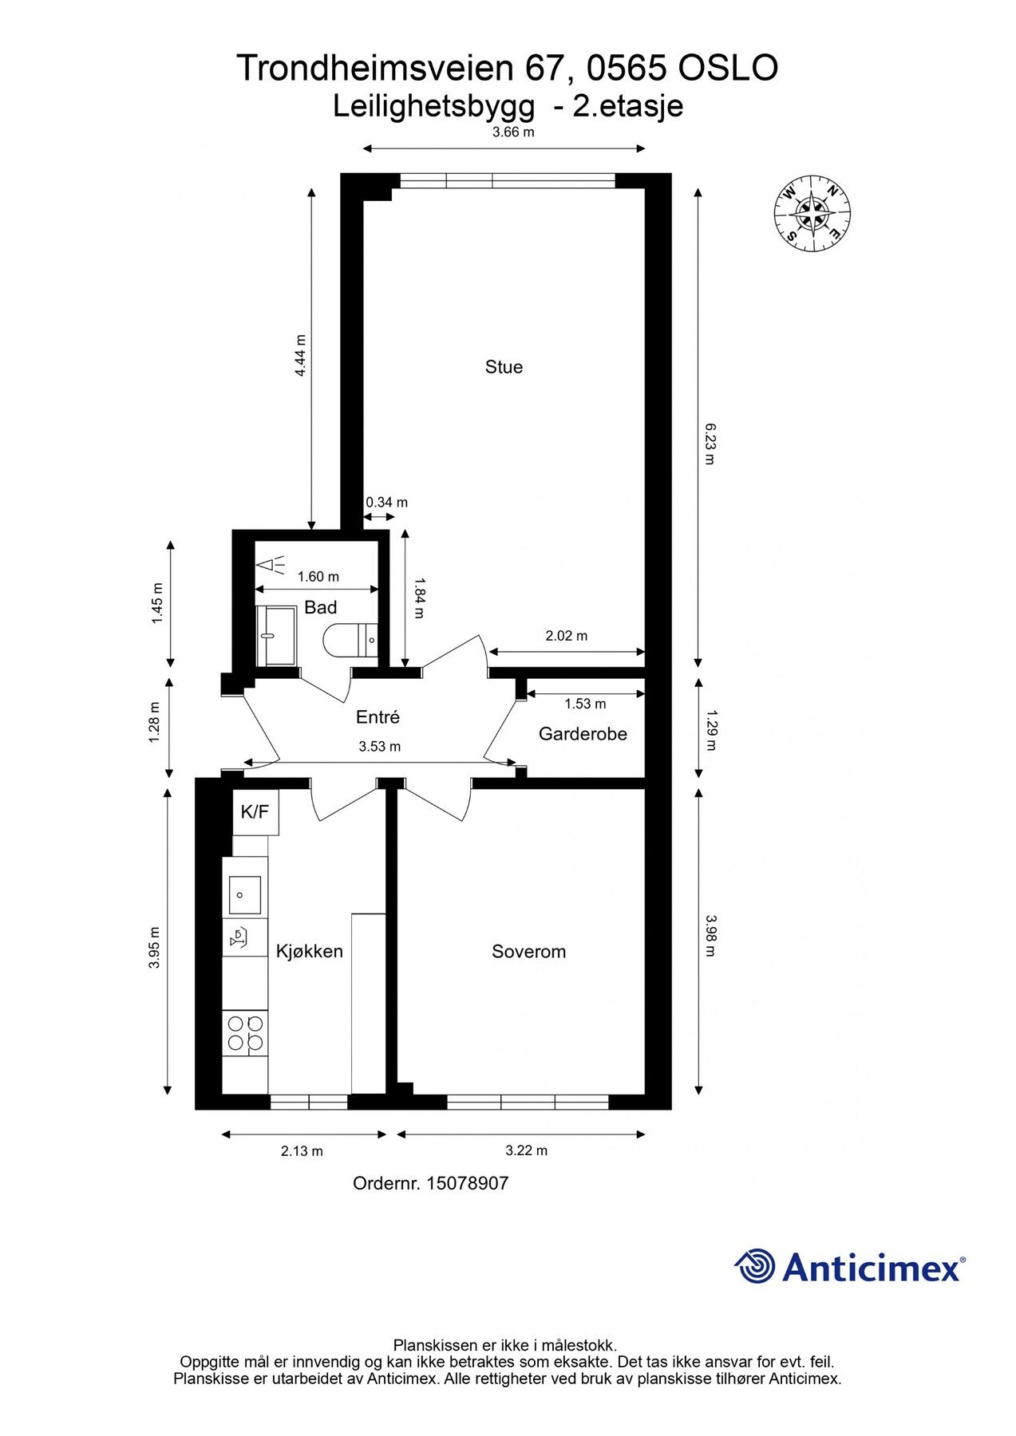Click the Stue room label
(504, 367)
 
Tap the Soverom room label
(528, 951)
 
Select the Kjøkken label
(310, 951)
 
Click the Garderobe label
(583, 734)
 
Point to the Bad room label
(320, 608)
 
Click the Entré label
(378, 717)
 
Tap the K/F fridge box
(255, 812)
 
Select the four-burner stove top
(245, 1032)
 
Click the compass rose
(812, 213)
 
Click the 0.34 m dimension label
(386, 503)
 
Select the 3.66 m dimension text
(512, 132)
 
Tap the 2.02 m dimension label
(566, 636)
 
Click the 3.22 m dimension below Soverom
(527, 1150)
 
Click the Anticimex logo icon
(754, 1266)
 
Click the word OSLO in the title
(727, 69)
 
